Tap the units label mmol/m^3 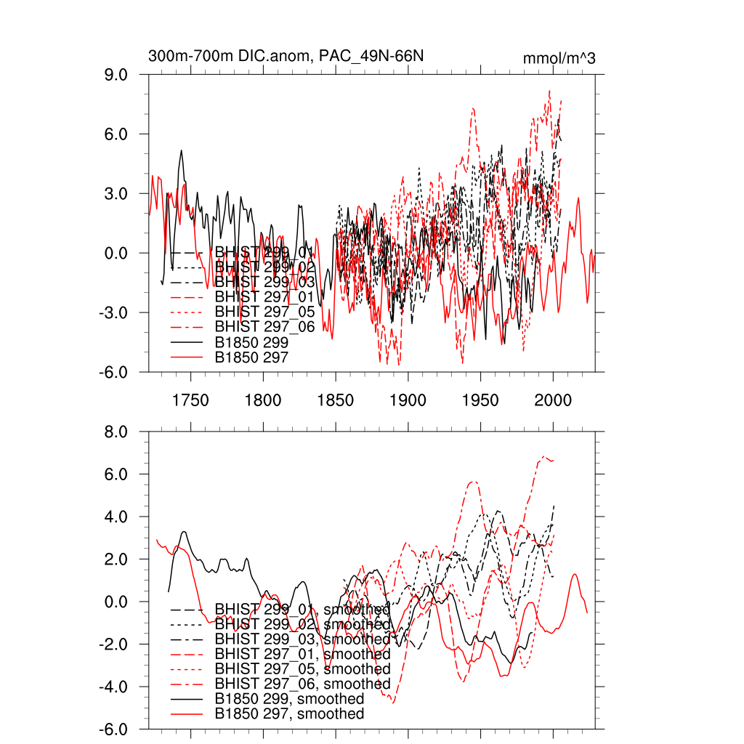click(559, 58)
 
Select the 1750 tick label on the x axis click(190, 400)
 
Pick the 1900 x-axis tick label click(408, 400)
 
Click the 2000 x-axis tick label click(553, 400)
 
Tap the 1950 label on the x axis click(480, 400)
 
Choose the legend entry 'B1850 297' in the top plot click(251, 357)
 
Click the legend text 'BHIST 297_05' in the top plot click(264, 312)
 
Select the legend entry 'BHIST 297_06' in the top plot click(264, 327)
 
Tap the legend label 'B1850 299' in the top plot click(251, 341)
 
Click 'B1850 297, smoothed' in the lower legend click(289, 714)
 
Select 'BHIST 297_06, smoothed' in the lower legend click(302, 684)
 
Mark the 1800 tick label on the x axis click(263, 400)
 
